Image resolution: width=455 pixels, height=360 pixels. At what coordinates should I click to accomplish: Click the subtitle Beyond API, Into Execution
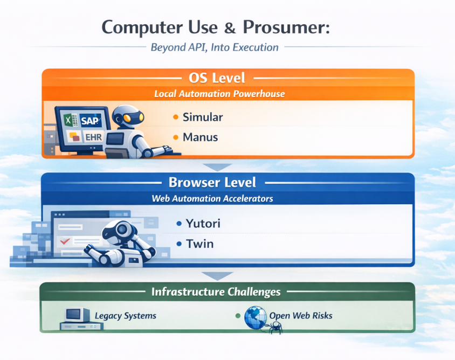[215, 47]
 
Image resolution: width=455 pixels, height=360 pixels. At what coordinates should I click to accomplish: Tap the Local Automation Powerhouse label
[219, 94]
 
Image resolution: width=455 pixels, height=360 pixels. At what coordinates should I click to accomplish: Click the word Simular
[203, 117]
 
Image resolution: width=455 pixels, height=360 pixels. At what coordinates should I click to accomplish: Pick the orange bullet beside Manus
[175, 137]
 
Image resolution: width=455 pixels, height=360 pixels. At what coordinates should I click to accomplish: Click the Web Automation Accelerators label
[212, 198]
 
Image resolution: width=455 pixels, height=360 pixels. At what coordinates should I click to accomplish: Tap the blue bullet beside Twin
[179, 244]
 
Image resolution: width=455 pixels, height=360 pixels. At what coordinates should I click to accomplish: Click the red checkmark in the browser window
[66, 242]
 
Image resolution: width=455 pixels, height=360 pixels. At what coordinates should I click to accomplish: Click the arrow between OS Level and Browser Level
[218, 167]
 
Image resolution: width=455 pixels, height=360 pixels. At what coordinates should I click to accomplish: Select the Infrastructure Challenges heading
[216, 292]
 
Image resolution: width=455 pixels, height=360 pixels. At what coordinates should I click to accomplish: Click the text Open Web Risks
[301, 315]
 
